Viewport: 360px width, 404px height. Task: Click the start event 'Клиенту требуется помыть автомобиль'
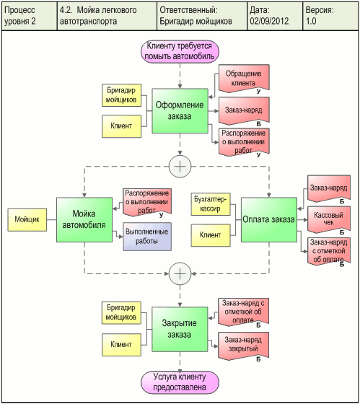[x=180, y=51]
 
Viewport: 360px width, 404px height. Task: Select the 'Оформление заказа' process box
[x=180, y=111]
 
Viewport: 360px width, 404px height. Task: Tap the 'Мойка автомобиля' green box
[x=84, y=219]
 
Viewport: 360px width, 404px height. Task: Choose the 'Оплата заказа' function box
[x=269, y=219]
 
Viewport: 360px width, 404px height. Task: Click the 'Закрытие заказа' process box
[x=180, y=329]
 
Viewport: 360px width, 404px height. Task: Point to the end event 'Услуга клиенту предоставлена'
[x=180, y=382]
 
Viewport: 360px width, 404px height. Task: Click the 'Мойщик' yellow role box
[x=27, y=219]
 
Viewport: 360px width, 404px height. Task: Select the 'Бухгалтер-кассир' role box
[x=211, y=204]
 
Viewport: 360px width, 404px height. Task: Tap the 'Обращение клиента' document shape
[x=244, y=79]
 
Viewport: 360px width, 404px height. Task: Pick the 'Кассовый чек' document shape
[x=328, y=219]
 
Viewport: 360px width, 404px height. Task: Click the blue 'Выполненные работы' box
[x=147, y=237]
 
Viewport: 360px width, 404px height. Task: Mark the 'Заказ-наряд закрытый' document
[x=243, y=346]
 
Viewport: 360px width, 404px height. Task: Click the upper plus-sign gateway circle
[x=180, y=167]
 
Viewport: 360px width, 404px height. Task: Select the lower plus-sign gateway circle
[x=180, y=273]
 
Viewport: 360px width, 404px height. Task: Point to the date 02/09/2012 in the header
[x=269, y=21]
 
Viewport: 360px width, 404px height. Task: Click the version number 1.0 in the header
[x=311, y=21]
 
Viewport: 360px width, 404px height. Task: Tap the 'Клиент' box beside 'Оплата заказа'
[x=211, y=235]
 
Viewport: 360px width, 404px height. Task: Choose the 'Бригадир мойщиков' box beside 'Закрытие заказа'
[x=121, y=312]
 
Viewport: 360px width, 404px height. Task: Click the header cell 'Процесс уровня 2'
[x=20, y=16]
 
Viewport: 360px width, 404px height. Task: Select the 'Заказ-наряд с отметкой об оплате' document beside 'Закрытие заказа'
[x=243, y=312]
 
